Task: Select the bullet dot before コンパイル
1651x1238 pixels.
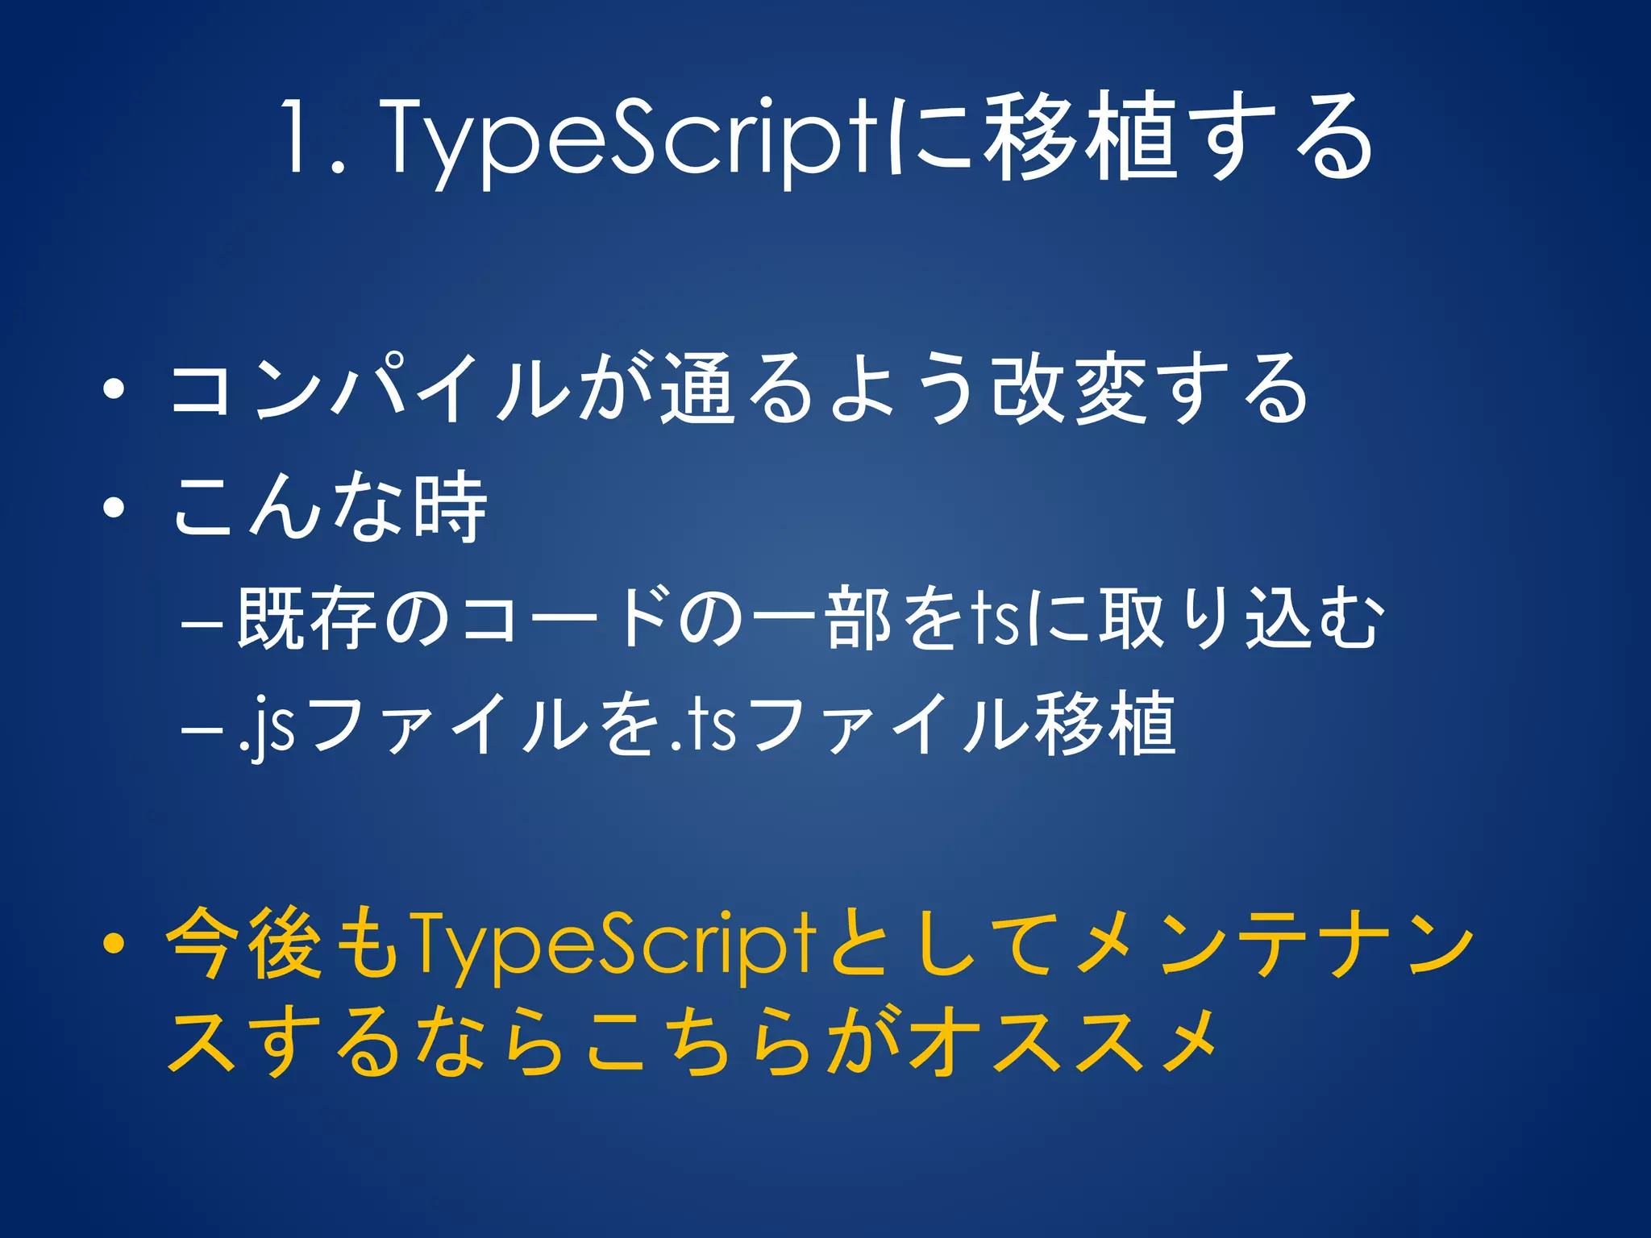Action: click(x=114, y=390)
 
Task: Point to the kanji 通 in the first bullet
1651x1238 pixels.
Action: click(x=698, y=390)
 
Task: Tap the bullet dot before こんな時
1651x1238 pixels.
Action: click(x=114, y=508)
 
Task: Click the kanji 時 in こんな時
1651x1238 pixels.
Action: click(x=450, y=508)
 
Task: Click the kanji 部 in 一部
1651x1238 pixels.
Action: click(x=859, y=621)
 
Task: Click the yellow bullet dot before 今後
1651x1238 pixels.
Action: click(x=114, y=942)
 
